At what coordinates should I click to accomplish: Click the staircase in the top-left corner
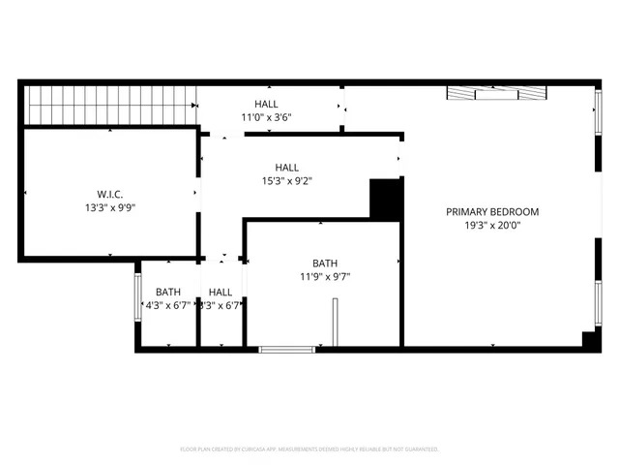coord(109,105)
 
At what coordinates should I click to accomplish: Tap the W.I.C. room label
coord(109,193)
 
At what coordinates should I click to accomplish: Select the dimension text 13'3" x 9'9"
coord(109,207)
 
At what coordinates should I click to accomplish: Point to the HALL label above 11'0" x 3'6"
coord(267,104)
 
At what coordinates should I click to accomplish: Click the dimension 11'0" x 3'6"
coord(267,117)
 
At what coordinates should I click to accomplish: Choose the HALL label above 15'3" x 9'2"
coord(286,166)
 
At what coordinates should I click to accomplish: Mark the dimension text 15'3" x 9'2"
coord(286,179)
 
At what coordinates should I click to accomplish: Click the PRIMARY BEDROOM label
coord(492,211)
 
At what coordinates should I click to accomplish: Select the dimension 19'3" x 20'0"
coord(492,226)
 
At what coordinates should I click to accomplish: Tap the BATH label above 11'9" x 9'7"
coord(325,263)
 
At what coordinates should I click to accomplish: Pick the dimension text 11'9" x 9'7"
coord(325,276)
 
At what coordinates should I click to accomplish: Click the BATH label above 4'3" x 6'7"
coord(168,292)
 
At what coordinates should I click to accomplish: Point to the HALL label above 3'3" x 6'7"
coord(221,292)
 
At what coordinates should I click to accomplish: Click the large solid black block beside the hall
coord(386,199)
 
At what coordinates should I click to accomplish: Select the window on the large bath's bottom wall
coord(287,348)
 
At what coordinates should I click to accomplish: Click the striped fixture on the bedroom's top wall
coord(497,94)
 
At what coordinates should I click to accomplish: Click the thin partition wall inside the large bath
coord(335,322)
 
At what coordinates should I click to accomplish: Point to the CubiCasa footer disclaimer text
coord(309,449)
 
